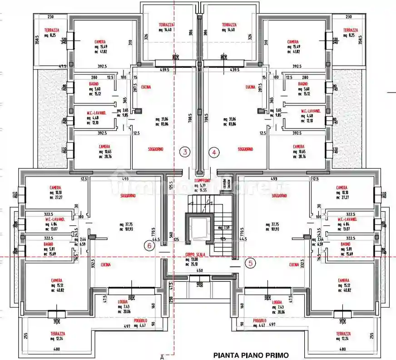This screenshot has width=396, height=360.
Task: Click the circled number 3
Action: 185,152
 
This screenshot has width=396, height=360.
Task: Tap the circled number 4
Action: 213,152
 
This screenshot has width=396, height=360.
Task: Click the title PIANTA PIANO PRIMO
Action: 250,355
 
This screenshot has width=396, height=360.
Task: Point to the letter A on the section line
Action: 162,357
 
